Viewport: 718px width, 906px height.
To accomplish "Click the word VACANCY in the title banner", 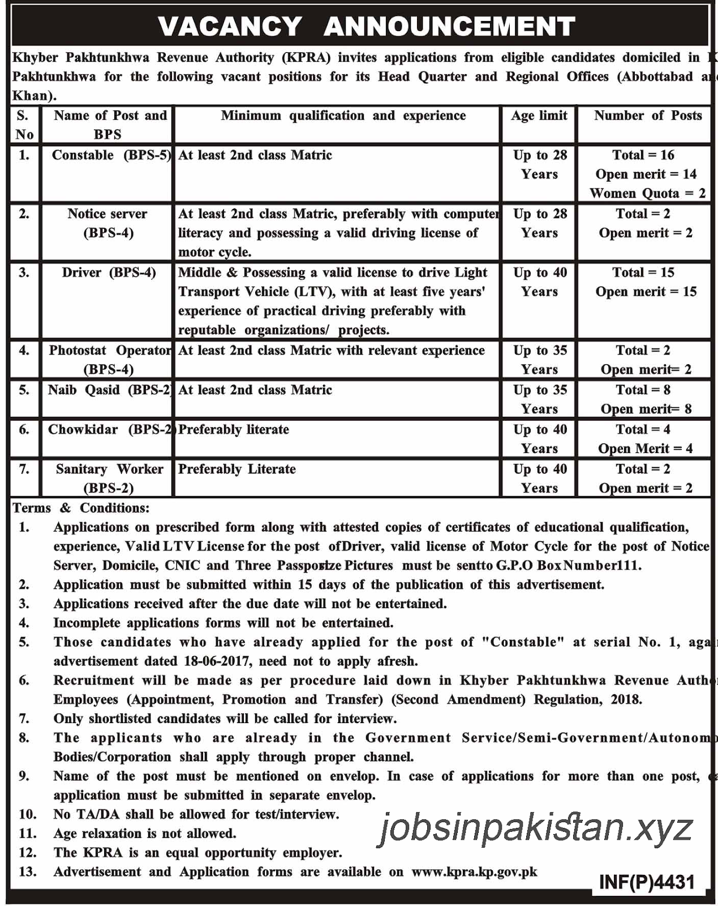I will (230, 27).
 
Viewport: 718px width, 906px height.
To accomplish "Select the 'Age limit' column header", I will (539, 116).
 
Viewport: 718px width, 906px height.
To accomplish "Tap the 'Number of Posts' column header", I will (647, 116).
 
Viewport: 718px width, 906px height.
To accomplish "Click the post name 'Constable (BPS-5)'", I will (111, 155).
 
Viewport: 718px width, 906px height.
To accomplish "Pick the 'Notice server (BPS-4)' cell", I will (108, 223).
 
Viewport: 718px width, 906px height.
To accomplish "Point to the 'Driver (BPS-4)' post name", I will (109, 273).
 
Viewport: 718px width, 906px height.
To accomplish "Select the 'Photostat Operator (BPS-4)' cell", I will (109, 360).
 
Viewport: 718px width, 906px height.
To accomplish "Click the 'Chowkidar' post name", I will (83, 430).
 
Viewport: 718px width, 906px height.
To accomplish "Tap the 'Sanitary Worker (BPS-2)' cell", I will (109, 478).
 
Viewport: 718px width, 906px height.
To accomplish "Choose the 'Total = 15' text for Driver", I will (643, 273).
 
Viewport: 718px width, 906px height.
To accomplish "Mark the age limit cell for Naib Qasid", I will (540, 399).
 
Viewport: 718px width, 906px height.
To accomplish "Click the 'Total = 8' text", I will (643, 390).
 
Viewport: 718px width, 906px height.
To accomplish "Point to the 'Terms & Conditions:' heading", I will (81, 508).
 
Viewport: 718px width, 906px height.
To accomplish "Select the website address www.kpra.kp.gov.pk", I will (474, 872).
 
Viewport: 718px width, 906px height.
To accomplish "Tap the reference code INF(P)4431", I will (647, 882).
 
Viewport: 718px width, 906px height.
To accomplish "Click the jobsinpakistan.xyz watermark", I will (535, 828).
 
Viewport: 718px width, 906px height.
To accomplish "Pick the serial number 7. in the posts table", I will (24, 469).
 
